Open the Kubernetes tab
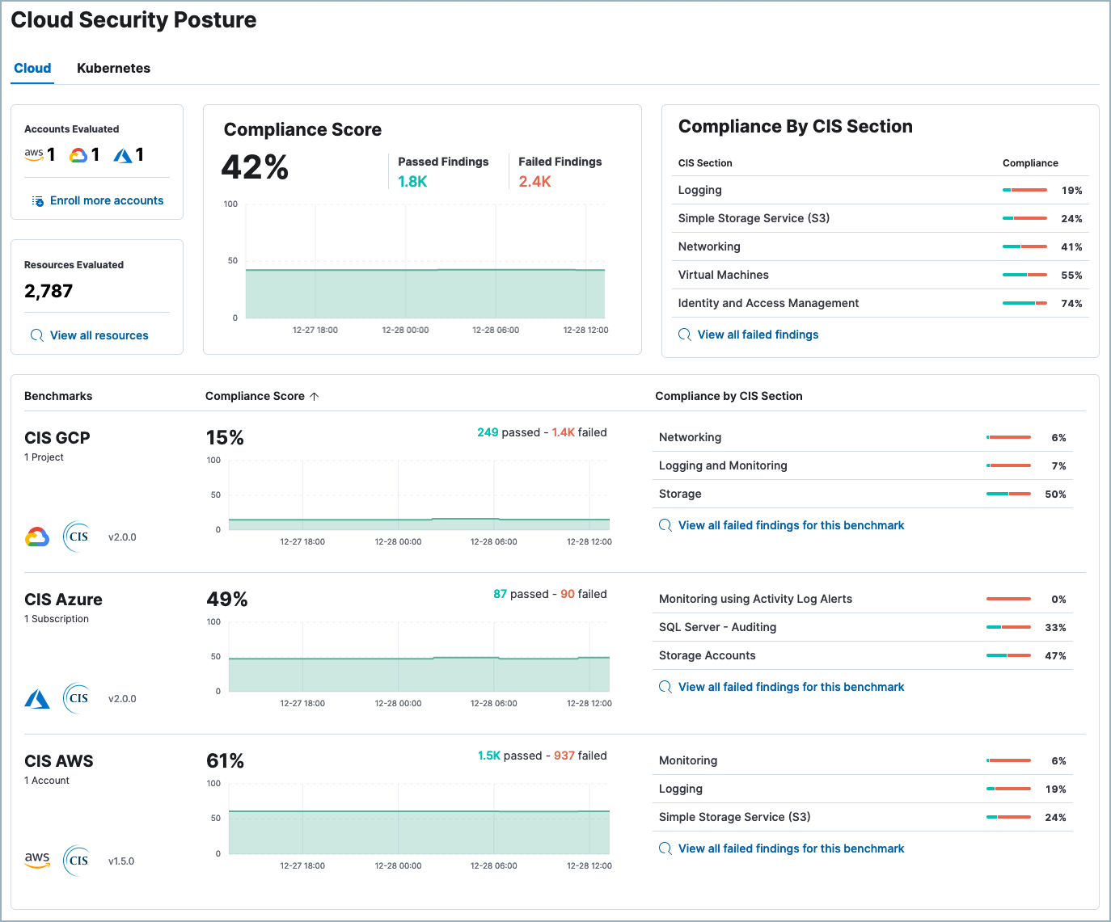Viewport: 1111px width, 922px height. (x=113, y=69)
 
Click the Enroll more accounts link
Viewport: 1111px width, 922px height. (x=106, y=200)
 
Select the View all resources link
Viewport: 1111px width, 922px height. (x=99, y=335)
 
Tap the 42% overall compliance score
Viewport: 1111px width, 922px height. (x=255, y=167)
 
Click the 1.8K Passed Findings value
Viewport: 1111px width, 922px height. (x=412, y=182)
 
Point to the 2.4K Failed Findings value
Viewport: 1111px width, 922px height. (x=534, y=182)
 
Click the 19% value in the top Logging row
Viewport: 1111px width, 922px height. (x=1071, y=191)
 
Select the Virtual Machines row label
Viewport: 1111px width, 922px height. (x=723, y=275)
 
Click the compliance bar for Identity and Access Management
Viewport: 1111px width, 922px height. (x=1024, y=303)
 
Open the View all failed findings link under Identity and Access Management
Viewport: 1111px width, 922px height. (x=758, y=335)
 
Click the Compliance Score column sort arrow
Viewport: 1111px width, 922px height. (x=315, y=396)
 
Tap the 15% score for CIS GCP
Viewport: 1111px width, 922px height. (x=225, y=438)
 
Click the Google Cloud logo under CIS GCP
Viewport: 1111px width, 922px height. (x=37, y=537)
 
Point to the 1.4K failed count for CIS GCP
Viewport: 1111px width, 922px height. (x=563, y=432)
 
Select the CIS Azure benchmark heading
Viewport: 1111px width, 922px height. (x=63, y=600)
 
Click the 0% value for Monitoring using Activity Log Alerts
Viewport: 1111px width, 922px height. (x=1058, y=600)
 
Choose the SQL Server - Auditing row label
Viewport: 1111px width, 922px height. (x=717, y=627)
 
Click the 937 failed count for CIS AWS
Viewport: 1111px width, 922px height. (x=564, y=756)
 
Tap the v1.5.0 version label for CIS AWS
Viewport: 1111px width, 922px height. (x=121, y=861)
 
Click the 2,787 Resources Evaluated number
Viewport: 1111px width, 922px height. (x=49, y=291)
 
